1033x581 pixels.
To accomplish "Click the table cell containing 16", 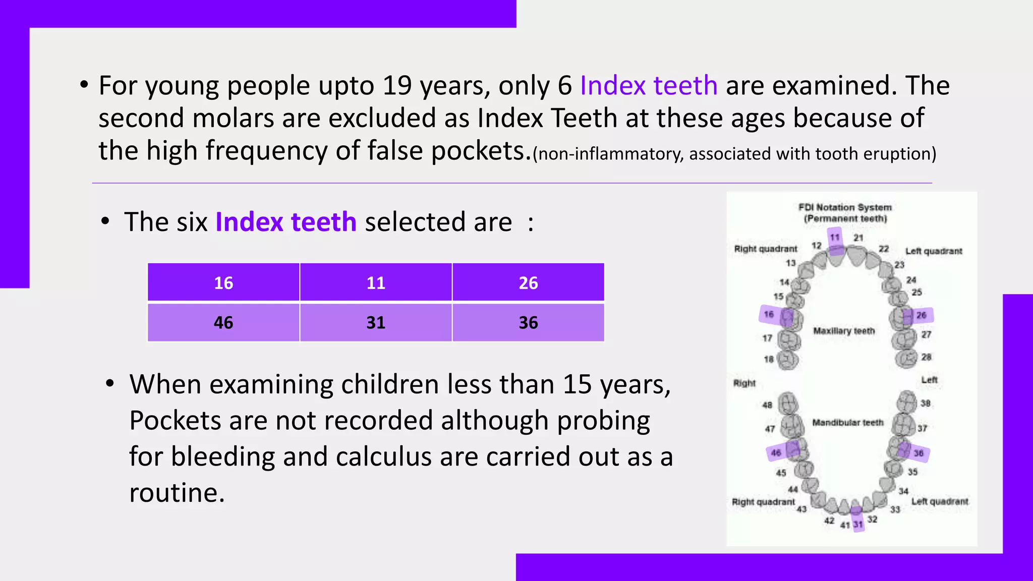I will (x=223, y=282).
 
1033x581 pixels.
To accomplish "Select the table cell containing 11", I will (x=376, y=282).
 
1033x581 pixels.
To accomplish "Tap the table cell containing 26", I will (x=528, y=282).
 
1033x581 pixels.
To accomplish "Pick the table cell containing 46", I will (x=223, y=322).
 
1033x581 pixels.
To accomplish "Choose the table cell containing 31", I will (x=376, y=322).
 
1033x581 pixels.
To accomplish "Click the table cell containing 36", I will (x=528, y=322).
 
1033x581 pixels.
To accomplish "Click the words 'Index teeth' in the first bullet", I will (x=649, y=85).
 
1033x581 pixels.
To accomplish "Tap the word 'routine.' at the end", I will (x=177, y=492).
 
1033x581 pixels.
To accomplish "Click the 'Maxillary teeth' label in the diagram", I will (x=844, y=331).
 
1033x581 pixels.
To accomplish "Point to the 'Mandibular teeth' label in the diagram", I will (x=847, y=423).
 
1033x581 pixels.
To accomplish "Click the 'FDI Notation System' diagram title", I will (x=845, y=207).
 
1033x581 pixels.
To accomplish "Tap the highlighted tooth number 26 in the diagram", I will (x=921, y=315).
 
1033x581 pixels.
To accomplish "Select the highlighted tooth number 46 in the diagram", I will (x=776, y=453).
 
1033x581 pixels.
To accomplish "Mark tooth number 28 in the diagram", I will (x=926, y=357).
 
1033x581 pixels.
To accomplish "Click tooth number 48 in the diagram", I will (x=767, y=405).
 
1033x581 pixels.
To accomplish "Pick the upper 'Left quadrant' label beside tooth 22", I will (x=934, y=251).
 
